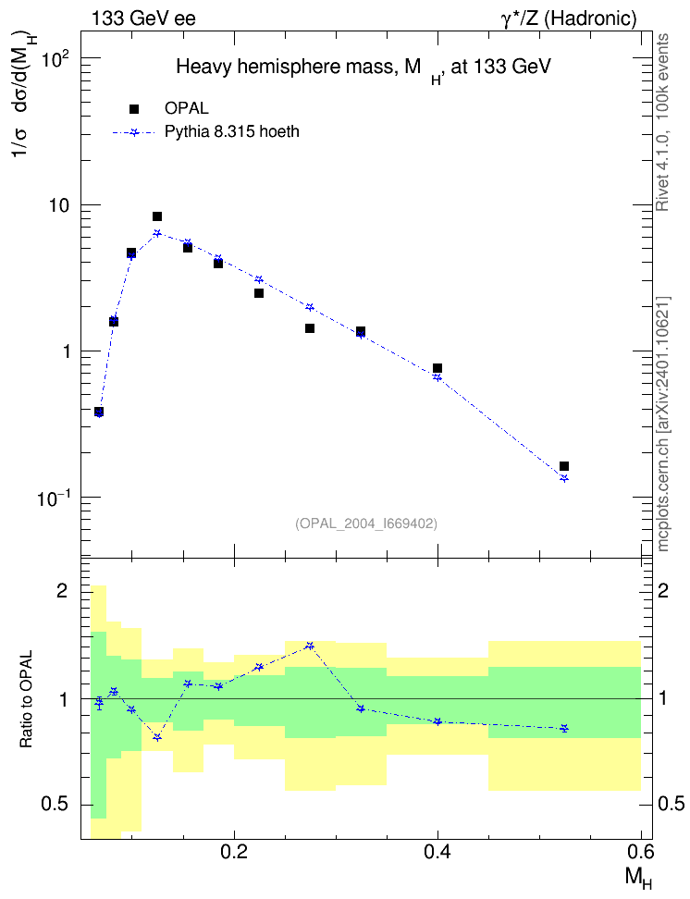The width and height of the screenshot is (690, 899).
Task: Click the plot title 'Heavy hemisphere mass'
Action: (x=284, y=68)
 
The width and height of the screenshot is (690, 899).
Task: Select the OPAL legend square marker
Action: (x=134, y=109)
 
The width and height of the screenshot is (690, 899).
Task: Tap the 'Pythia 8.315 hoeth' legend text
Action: (x=232, y=132)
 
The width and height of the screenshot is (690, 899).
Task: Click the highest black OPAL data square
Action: (x=157, y=216)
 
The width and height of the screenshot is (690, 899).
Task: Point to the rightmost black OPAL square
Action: (x=564, y=466)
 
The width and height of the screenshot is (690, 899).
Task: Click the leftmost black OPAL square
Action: (x=99, y=412)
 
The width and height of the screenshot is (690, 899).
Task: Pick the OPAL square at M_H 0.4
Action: (x=437, y=368)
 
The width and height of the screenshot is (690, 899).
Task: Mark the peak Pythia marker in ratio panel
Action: (x=310, y=646)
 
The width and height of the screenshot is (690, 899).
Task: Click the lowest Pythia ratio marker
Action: (x=157, y=737)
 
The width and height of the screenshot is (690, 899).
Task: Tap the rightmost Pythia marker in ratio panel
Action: (x=564, y=728)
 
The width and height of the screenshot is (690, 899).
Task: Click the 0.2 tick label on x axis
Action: (x=234, y=853)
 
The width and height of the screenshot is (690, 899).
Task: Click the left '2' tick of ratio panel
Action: (x=62, y=590)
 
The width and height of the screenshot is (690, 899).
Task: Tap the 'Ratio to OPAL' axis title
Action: (x=26, y=699)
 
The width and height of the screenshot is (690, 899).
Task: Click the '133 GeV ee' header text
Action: (x=143, y=18)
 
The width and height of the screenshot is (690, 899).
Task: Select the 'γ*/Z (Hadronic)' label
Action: (x=569, y=18)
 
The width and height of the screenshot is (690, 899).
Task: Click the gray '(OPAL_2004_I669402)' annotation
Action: (x=366, y=523)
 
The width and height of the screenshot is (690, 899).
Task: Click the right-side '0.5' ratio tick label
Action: (x=671, y=804)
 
